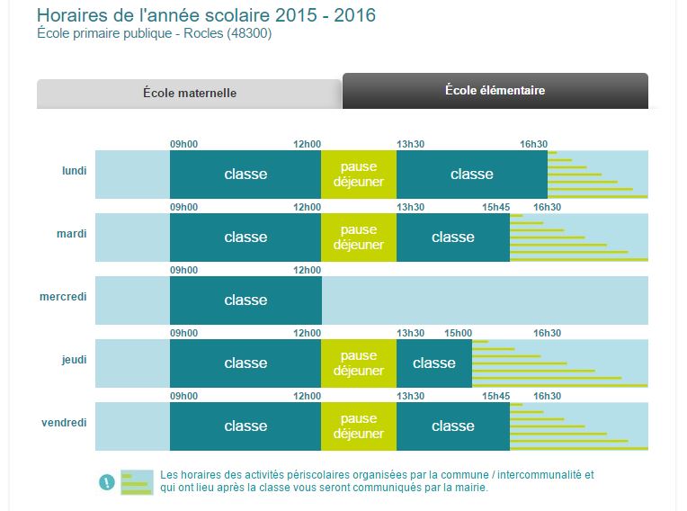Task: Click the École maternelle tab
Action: [x=189, y=93]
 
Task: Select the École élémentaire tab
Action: [x=495, y=91]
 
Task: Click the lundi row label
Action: [x=74, y=170]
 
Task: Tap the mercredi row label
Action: [x=63, y=296]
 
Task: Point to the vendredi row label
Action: [x=65, y=422]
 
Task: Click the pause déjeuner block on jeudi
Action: [x=358, y=363]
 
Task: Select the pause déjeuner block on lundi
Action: [x=358, y=175]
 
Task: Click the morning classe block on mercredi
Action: [x=245, y=300]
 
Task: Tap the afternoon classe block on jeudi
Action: [x=433, y=363]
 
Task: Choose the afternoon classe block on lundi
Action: [x=471, y=175]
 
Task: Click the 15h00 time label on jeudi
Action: [x=457, y=333]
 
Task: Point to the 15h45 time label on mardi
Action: [x=495, y=207]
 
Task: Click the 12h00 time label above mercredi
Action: [x=307, y=270]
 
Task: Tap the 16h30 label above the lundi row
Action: [x=533, y=144]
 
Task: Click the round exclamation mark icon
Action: [x=107, y=482]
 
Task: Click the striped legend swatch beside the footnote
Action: [x=138, y=482]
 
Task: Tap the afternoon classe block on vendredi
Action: [x=452, y=426]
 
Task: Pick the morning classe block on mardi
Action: [x=245, y=238]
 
